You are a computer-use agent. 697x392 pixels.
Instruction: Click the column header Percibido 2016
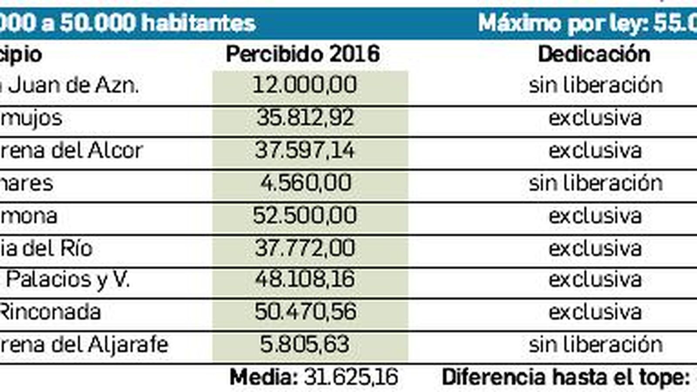coord(303,54)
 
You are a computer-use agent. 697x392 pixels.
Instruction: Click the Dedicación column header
coord(594,54)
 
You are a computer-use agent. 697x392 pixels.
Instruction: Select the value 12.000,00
coord(305,85)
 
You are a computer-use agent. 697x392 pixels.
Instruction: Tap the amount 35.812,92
coord(305,118)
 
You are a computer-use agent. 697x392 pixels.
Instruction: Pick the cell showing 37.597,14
coord(305,150)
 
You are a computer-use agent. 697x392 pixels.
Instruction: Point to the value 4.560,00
coord(305,183)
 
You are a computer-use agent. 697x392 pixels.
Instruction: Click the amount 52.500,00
coord(305,216)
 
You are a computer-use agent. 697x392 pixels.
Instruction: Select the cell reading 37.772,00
coord(305,248)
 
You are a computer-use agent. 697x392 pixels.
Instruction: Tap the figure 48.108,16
coord(305,279)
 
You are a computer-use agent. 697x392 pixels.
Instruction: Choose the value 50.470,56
coord(305,312)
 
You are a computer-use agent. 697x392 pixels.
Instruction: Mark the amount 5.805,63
coord(305,345)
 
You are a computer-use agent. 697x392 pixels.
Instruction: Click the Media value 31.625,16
coord(351,377)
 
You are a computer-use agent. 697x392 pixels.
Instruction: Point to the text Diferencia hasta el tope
coord(565,377)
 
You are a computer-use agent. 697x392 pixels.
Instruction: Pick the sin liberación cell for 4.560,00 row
coord(595,183)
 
